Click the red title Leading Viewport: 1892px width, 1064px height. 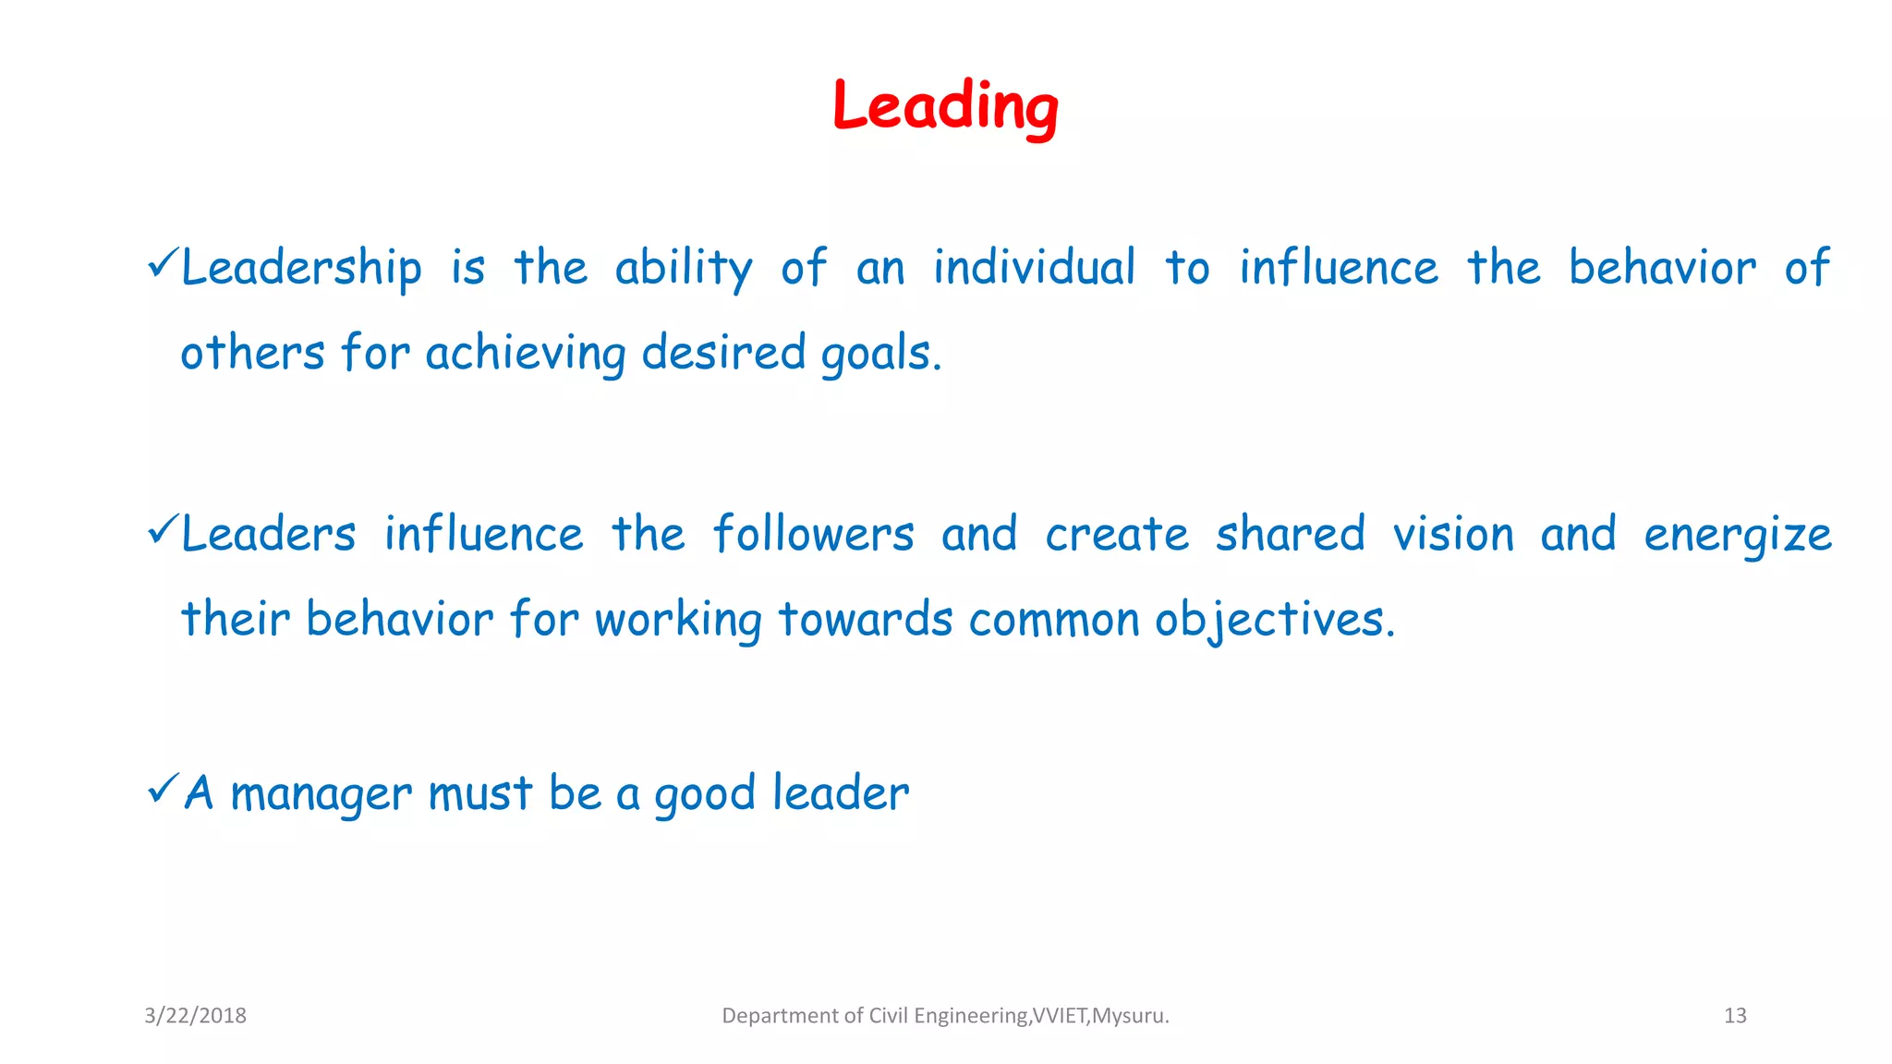tap(945, 107)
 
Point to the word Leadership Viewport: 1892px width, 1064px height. tap(301, 268)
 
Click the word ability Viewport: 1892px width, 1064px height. tap(684, 268)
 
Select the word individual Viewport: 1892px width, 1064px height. tap(1034, 268)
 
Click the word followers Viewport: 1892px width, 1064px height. tap(813, 535)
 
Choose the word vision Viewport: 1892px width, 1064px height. tap(1453, 535)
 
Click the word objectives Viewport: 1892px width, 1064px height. tap(1274, 620)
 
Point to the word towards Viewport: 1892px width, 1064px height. tap(865, 620)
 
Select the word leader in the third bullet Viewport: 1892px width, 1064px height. tap(841, 793)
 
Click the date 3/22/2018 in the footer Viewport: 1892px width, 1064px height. tap(195, 1016)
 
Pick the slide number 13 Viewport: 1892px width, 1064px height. tap(1735, 1016)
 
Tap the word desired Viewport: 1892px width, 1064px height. tap(723, 354)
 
